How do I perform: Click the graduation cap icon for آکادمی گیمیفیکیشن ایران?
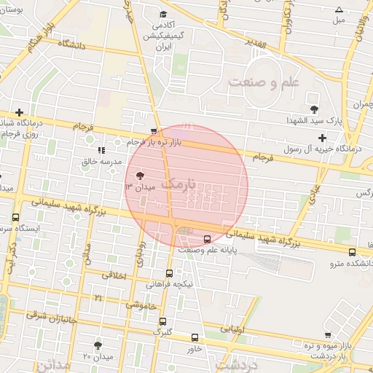click(x=163, y=14)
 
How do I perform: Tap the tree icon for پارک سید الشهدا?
click(x=314, y=109)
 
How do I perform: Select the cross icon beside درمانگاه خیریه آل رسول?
click(x=322, y=138)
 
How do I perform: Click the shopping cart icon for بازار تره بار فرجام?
click(x=153, y=132)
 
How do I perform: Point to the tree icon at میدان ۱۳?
click(x=140, y=176)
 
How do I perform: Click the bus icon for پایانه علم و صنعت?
click(x=208, y=239)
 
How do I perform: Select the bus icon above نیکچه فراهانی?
click(x=169, y=273)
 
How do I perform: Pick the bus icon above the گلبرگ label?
click(x=162, y=321)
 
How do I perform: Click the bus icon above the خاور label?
click(x=195, y=337)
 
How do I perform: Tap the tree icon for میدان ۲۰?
click(x=98, y=345)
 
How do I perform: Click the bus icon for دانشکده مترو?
click(x=353, y=252)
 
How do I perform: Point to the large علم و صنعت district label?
click(x=264, y=82)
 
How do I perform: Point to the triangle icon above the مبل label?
click(x=339, y=9)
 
